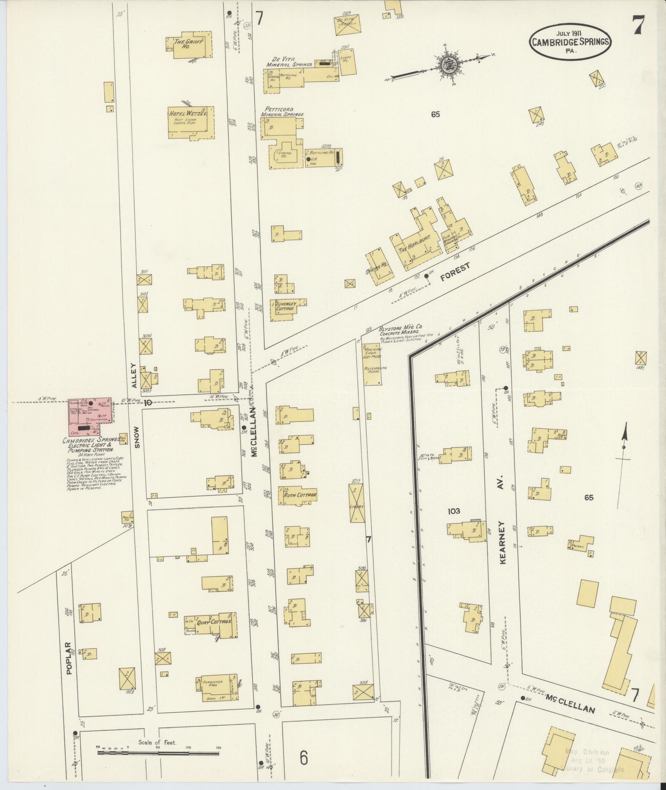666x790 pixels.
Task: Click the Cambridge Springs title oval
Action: [x=571, y=41]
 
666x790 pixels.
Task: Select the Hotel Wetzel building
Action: [x=191, y=122]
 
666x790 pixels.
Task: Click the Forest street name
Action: [x=455, y=273]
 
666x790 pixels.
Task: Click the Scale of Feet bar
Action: [x=158, y=752]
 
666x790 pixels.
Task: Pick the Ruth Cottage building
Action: [x=299, y=495]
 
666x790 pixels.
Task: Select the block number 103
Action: [x=454, y=511]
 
